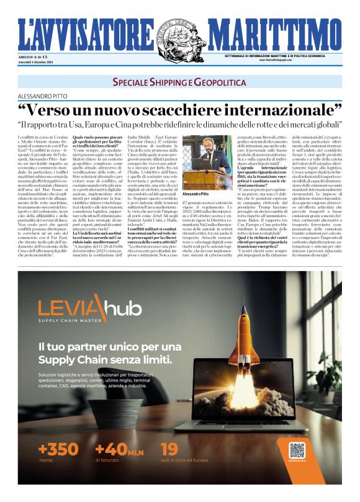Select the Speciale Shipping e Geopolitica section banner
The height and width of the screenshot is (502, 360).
(x=179, y=82)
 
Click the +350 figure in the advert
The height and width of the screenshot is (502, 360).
(x=58, y=449)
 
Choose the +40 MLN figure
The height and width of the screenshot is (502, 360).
(x=119, y=449)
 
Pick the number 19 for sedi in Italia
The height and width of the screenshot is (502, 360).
(x=169, y=449)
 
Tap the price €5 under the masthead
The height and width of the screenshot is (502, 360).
(x=45, y=58)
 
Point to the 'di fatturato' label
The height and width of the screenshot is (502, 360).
(x=109, y=460)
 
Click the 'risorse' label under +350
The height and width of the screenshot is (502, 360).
(x=46, y=460)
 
